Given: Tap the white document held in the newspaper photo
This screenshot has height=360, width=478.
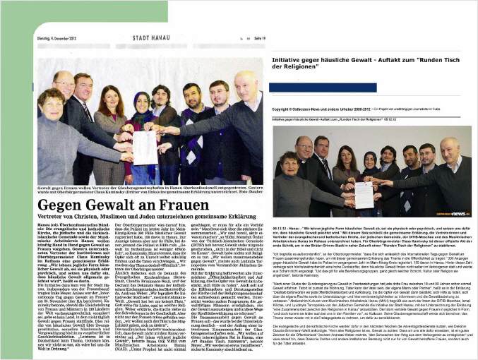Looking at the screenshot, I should [x=144, y=146].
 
